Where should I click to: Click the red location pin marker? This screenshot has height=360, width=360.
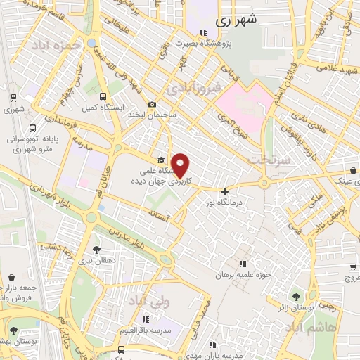[181, 165]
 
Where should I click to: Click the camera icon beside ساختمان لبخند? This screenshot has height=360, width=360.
[152, 104]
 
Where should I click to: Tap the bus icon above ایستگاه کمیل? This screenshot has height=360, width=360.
[103, 97]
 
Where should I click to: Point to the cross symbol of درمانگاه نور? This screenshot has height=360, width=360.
[224, 191]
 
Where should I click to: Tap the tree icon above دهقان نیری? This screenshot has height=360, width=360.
[96, 249]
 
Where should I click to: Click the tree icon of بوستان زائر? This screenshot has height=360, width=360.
[295, 296]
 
